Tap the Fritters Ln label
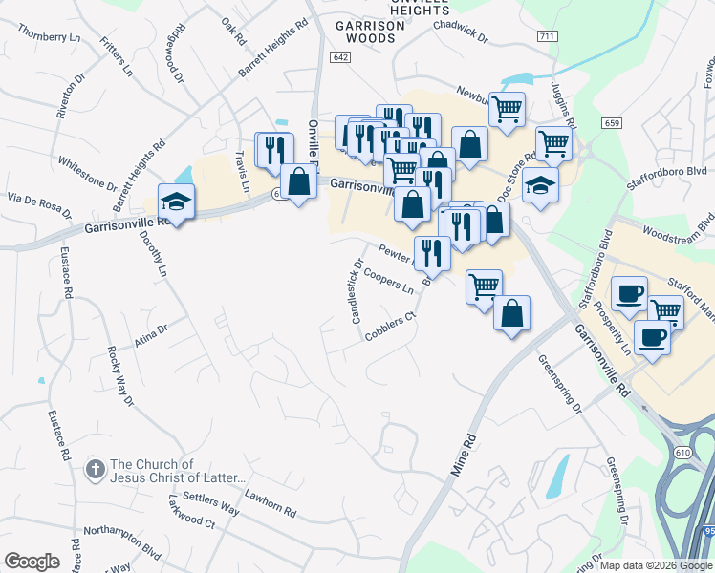pos(118,58)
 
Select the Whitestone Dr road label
pos(87,174)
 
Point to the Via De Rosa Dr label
pos(39,204)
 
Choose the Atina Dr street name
pos(151,335)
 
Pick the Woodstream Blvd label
pos(680,226)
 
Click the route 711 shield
pos(547,36)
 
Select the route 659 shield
pos(613,123)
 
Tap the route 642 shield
pos(341,58)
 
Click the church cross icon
pos(95,470)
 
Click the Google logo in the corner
pos(32,562)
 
